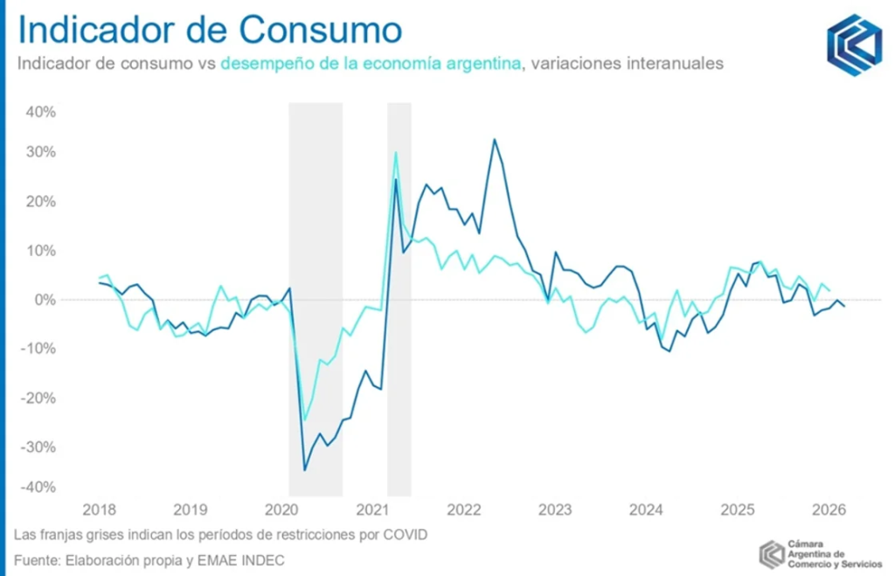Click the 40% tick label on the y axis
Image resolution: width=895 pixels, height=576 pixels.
pyautogui.click(x=41, y=113)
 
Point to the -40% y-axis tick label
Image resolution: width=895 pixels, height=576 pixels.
pyautogui.click(x=39, y=487)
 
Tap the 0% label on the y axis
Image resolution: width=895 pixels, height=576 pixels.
pyautogui.click(x=45, y=300)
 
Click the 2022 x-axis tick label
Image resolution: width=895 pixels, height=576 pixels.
pyautogui.click(x=463, y=510)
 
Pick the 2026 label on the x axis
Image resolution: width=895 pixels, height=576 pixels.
pyautogui.click(x=829, y=510)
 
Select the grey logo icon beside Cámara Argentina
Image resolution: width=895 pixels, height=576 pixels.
pyautogui.click(x=772, y=554)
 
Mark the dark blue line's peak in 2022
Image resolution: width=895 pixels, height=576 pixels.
pyautogui.click(x=495, y=139)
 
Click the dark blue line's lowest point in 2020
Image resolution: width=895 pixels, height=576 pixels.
pyautogui.click(x=304, y=470)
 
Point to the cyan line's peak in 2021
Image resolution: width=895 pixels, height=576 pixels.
pyautogui.click(x=396, y=152)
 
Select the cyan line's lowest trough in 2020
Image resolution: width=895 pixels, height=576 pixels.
pyautogui.click(x=304, y=420)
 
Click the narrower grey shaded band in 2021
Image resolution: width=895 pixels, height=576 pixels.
pyautogui.click(x=399, y=297)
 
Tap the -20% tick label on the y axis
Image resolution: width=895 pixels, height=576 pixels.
pyautogui.click(x=39, y=398)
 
